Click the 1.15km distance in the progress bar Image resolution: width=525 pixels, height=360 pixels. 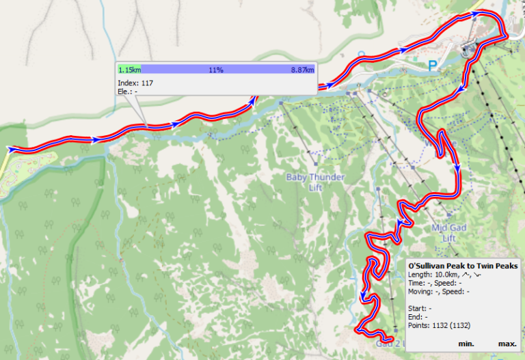coord(130,70)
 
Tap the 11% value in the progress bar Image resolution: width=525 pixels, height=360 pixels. coord(216,70)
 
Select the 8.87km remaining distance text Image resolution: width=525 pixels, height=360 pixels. coord(302,70)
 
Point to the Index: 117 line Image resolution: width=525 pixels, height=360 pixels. coord(135,83)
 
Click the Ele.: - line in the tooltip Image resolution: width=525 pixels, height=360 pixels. coord(128,91)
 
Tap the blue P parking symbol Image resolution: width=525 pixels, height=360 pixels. coord(431,66)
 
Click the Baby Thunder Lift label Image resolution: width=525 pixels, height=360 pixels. coord(315,182)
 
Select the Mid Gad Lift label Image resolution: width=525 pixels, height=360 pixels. coord(448,233)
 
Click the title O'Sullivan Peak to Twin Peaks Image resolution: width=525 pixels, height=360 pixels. coord(462,265)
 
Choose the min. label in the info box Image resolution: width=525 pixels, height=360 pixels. coord(467,343)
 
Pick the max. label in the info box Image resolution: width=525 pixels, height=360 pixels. coord(507,343)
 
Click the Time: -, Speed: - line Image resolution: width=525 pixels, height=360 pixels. coord(434,282)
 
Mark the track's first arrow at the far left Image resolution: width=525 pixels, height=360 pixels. coord(12,148)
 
